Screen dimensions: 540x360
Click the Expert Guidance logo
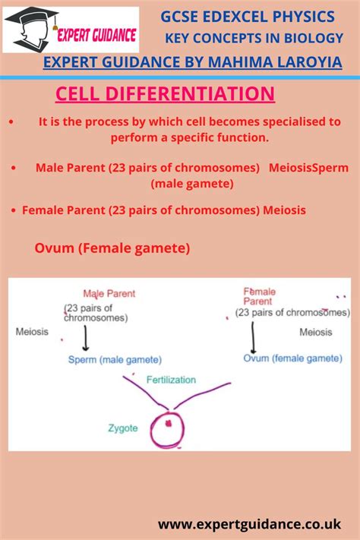(x=71, y=30)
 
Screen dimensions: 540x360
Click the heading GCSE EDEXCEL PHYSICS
(x=248, y=16)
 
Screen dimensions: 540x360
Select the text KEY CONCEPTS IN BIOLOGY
(x=254, y=38)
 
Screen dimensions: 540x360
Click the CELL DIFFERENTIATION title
(x=165, y=94)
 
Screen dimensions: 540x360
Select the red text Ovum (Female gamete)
(x=112, y=248)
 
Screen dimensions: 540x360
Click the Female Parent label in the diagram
(x=260, y=296)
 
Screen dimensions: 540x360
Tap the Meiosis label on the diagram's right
(x=315, y=332)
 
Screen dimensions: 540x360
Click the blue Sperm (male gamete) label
(x=115, y=359)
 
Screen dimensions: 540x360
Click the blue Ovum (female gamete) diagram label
(x=292, y=358)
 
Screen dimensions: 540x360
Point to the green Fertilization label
(x=171, y=380)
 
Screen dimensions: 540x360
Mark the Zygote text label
(x=122, y=428)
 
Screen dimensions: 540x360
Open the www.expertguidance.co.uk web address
(x=249, y=524)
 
